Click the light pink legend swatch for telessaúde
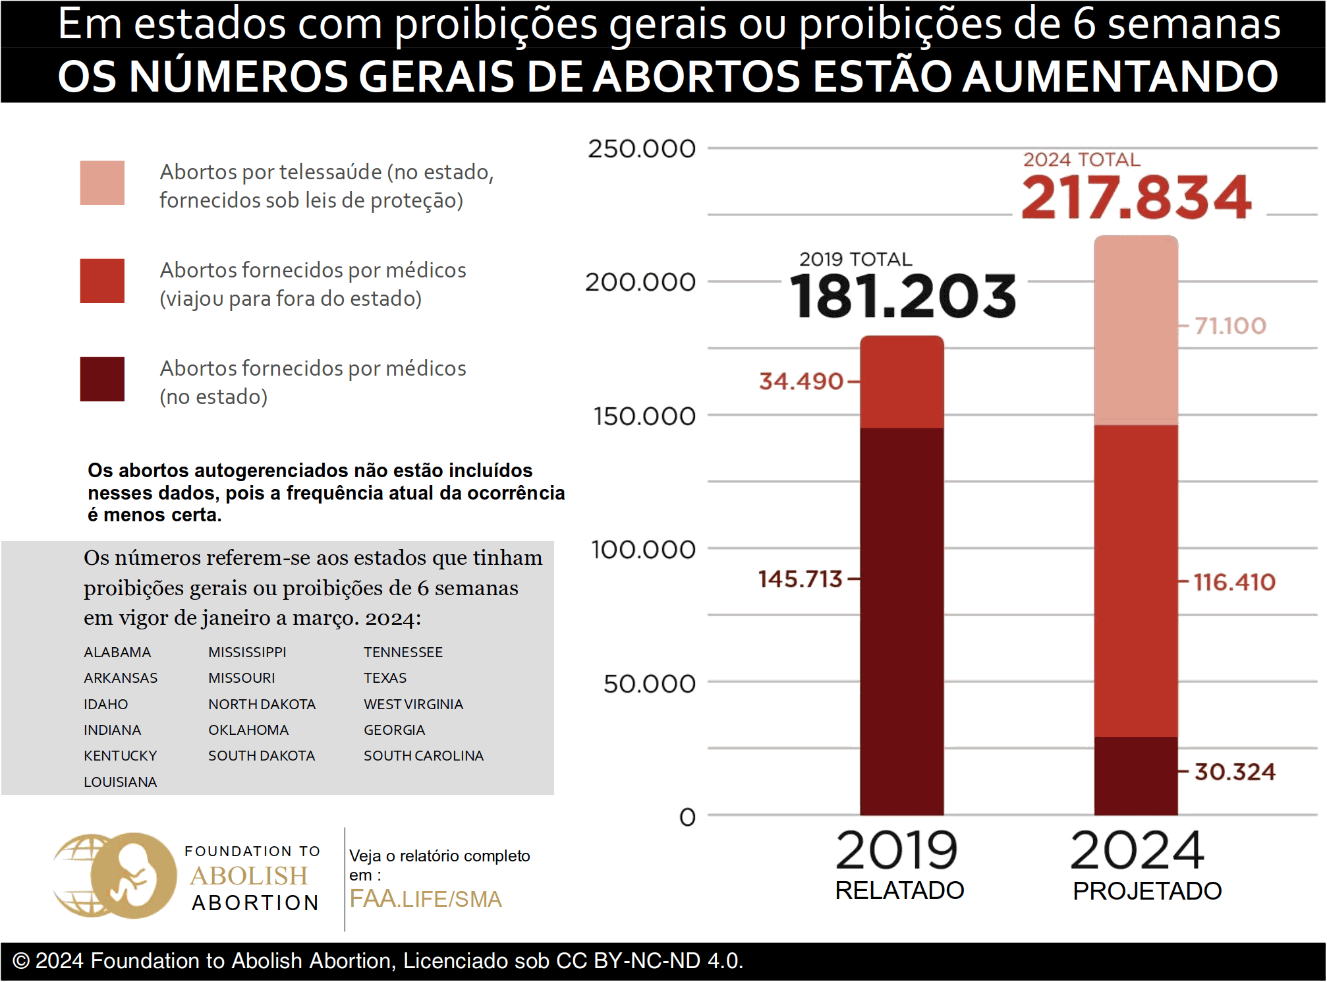point(102,183)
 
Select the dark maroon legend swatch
point(102,379)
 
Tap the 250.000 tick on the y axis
point(641,149)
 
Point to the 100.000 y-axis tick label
point(642,549)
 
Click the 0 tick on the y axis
point(687,817)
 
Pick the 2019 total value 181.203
point(903,297)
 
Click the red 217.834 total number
point(1136,197)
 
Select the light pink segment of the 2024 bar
point(1136,330)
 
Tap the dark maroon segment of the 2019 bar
point(901,620)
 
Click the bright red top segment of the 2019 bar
point(901,382)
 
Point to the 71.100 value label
point(1230,326)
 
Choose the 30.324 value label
point(1235,772)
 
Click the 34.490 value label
point(801,381)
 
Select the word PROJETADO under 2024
point(1147,891)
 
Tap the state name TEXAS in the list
point(385,678)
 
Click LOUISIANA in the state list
point(120,782)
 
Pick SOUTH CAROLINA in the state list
point(424,755)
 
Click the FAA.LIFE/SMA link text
point(426,899)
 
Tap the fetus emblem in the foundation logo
point(134,876)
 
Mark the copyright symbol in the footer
point(21,961)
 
